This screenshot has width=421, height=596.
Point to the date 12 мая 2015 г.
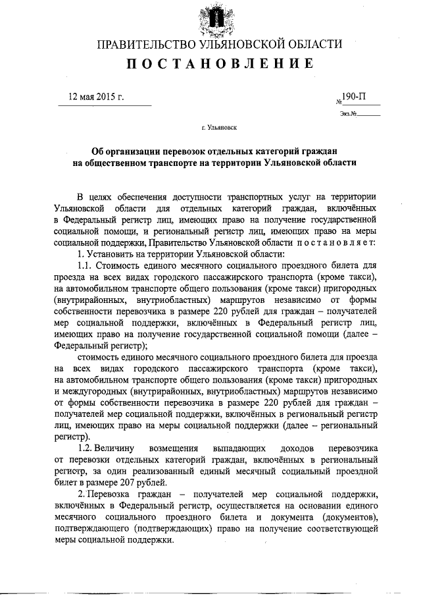(97, 97)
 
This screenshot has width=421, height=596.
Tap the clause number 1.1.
(86, 267)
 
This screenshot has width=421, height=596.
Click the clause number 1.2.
(86, 448)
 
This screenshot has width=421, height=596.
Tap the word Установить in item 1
(111, 255)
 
